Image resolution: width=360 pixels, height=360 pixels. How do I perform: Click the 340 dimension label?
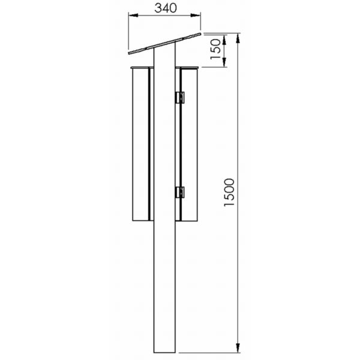(166, 8)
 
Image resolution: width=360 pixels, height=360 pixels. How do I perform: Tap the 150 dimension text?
(215, 49)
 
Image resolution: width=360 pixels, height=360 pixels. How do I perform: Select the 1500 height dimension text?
(229, 192)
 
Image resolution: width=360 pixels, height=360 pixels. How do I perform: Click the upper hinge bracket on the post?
(180, 98)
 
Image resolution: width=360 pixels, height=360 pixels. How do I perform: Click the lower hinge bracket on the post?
(180, 192)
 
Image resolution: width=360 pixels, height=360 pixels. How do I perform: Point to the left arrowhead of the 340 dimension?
(133, 16)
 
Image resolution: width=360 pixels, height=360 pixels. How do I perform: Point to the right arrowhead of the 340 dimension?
(196, 16)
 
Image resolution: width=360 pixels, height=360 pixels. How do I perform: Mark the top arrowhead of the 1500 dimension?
(238, 38)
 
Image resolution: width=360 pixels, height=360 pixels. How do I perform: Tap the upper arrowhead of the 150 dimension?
(224, 40)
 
